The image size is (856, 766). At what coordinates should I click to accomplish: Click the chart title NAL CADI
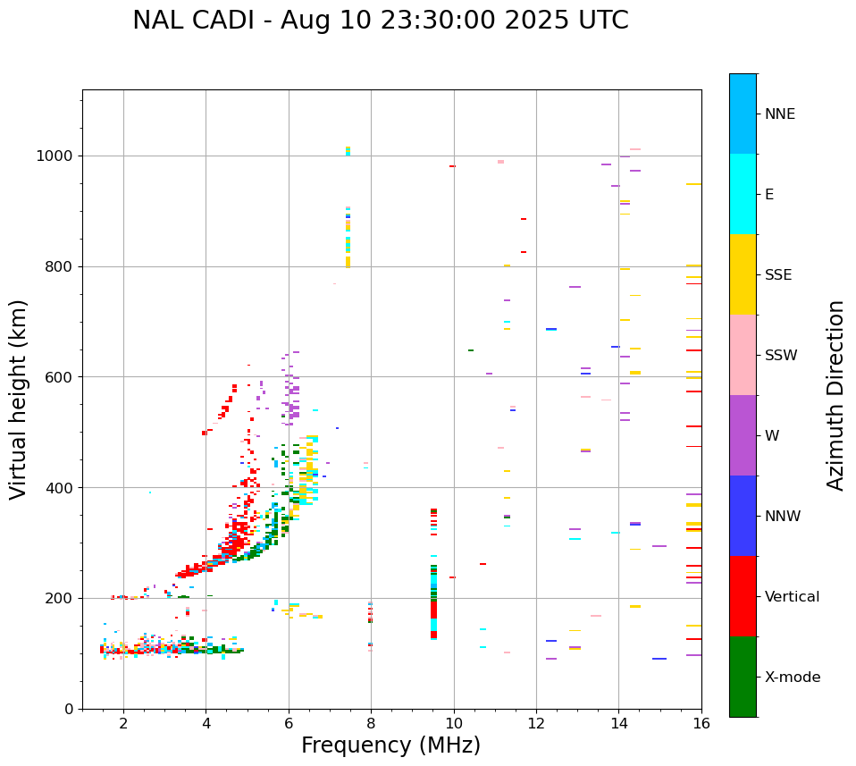pyautogui.click(x=380, y=21)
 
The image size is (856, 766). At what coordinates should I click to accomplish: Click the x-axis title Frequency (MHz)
pyautogui.click(x=390, y=745)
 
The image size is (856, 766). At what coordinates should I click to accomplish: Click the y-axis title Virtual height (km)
pyautogui.click(x=19, y=399)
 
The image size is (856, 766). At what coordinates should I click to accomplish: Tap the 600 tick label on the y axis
pyautogui.click(x=62, y=377)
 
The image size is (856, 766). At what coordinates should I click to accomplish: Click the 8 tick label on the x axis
pyautogui.click(x=371, y=724)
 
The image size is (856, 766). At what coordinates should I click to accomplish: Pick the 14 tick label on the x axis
pyautogui.click(x=618, y=724)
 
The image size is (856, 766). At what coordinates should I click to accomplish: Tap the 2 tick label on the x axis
pyautogui.click(x=123, y=724)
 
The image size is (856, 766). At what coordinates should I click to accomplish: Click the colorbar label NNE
pyautogui.click(x=779, y=114)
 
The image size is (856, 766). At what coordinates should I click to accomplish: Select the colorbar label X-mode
pyautogui.click(x=792, y=678)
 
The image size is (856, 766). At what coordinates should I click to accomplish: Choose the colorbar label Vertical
pyautogui.click(x=792, y=597)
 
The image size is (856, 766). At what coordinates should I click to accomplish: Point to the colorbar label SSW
pyautogui.click(x=781, y=356)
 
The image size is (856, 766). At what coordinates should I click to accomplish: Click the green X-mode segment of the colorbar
pyautogui.click(x=743, y=677)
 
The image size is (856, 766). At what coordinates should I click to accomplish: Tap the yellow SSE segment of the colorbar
pyautogui.click(x=743, y=274)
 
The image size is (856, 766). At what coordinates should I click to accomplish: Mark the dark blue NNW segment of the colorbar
pyautogui.click(x=743, y=516)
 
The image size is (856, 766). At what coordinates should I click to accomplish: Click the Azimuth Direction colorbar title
pyautogui.click(x=835, y=395)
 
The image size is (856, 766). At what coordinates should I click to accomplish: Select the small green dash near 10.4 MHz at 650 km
pyautogui.click(x=471, y=350)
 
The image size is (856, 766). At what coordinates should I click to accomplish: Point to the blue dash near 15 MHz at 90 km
pyautogui.click(x=659, y=659)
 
